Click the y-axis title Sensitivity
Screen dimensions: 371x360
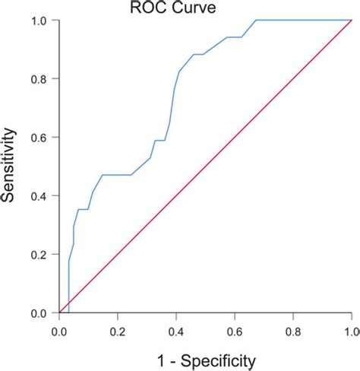click(10, 166)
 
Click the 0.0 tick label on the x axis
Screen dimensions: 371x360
click(59, 332)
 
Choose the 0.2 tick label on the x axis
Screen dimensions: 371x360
click(118, 332)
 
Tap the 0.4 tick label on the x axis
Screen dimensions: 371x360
click(176, 332)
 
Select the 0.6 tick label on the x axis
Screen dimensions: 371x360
click(235, 332)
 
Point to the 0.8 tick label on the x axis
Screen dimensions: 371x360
click(293, 332)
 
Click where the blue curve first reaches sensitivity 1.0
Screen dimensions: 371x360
click(255, 21)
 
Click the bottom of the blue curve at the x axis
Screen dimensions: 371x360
click(68, 312)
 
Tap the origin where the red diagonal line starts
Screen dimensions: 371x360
click(59, 312)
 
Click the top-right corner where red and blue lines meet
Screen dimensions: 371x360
click(351, 21)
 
